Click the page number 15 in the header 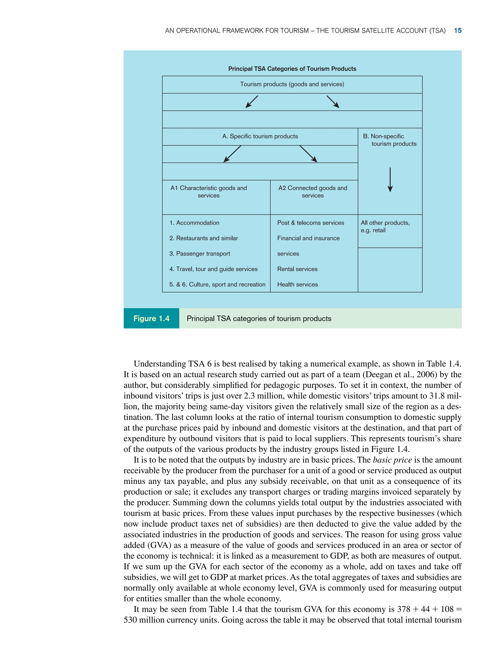tap(457, 31)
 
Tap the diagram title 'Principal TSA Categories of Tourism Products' tap(292, 69)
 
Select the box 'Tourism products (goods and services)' tap(292, 84)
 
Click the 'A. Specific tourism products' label tap(260, 136)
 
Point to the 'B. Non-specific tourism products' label tap(390, 140)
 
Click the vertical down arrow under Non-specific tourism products tap(390, 180)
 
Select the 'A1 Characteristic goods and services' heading tap(209, 192)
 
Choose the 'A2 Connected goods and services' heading tap(313, 192)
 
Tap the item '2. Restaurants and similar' tap(204, 238)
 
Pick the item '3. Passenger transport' tap(200, 253)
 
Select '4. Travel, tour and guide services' tap(213, 269)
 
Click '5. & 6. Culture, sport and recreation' tap(217, 284)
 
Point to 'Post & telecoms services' tap(310, 223)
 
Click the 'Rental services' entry tap(297, 269)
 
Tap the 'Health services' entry tap(297, 284)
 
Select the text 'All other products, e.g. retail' tap(385, 226)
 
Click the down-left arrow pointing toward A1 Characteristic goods tap(232, 154)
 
